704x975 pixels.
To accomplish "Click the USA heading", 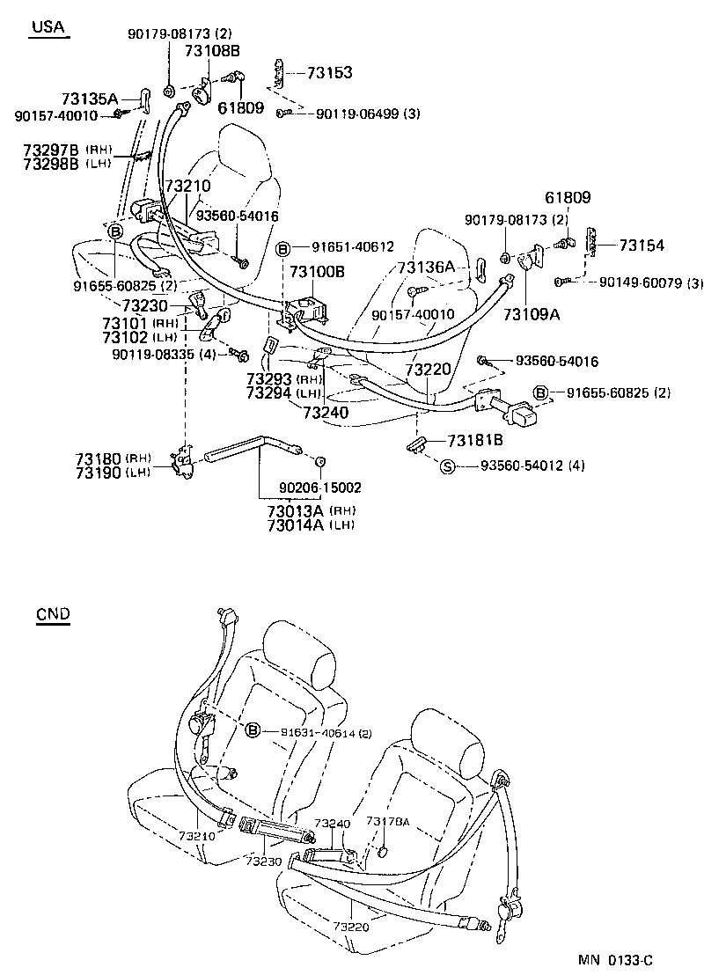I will point(48,27).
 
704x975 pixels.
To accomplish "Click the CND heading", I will point(54,614).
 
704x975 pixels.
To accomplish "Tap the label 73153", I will point(330,72).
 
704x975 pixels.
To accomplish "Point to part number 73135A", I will point(90,99).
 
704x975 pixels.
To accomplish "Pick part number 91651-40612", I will point(350,247).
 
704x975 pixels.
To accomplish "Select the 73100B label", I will point(319,272).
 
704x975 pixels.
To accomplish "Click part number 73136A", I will point(426,267).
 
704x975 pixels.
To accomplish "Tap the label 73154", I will point(642,246).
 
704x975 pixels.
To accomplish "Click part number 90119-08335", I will point(151,354).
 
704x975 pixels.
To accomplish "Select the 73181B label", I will point(475,441).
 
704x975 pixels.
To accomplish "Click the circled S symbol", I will point(447,466).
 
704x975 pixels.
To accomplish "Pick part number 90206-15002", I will point(320,487).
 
